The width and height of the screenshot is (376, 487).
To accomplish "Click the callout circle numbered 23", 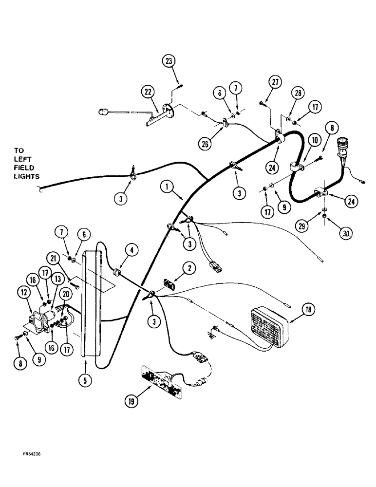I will (x=169, y=61).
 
